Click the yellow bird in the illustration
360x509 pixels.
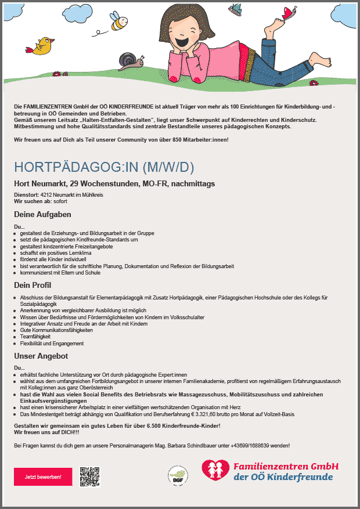[43, 46]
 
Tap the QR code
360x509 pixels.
[90, 476]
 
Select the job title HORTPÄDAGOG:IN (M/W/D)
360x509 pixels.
[104, 167]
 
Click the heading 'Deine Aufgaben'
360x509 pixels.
[42, 215]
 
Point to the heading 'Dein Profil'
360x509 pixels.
[34, 285]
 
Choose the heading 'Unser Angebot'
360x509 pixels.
[41, 356]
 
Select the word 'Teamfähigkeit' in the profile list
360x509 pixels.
[35, 337]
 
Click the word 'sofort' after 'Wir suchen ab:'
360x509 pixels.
[60, 201]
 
